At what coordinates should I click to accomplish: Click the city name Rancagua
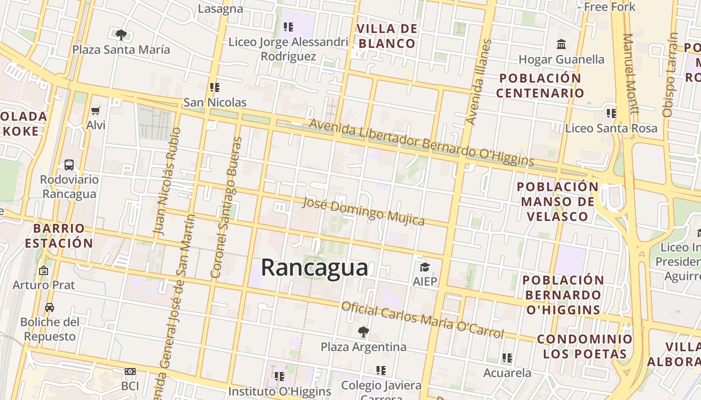point(314,267)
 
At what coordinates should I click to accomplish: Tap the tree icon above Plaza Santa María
point(121,34)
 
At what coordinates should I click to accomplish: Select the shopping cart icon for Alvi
point(96,110)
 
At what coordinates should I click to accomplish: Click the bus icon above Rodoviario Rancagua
point(69,165)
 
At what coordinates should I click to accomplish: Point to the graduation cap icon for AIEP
point(425,267)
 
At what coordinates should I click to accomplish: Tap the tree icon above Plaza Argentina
point(363,331)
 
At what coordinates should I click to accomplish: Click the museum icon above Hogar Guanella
point(561,44)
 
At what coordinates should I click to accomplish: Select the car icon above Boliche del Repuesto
point(49,307)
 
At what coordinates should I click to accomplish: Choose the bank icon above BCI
point(130,371)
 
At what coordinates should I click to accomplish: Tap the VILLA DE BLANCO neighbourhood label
point(387,36)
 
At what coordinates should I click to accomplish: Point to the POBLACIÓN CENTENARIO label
point(540,85)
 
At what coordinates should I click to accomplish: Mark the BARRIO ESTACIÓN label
point(59,236)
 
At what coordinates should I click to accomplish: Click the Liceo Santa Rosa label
point(611,128)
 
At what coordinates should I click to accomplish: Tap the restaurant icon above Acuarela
point(507,358)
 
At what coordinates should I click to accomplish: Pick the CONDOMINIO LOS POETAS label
point(585,346)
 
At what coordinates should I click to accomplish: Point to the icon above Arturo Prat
point(44,270)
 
